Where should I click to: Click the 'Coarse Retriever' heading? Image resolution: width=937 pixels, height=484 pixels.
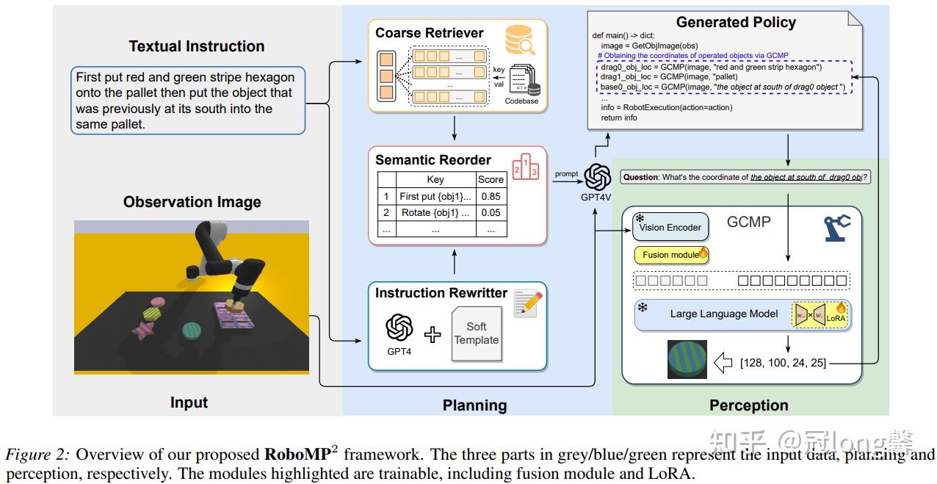(x=429, y=33)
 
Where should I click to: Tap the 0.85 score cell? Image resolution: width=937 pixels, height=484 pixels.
(x=491, y=196)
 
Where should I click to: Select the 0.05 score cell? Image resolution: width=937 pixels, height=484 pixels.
(x=491, y=213)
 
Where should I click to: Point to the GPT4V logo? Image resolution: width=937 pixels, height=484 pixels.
(x=598, y=176)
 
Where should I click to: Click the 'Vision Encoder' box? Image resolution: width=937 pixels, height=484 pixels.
(x=670, y=228)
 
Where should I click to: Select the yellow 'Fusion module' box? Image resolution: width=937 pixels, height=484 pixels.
(x=670, y=255)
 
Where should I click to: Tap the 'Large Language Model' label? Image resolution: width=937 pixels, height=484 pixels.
(x=723, y=314)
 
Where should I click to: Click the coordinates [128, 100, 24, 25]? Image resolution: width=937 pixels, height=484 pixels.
(x=783, y=362)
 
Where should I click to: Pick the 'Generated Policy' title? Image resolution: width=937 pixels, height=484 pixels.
(x=736, y=22)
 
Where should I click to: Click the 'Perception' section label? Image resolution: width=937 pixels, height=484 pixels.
(x=748, y=405)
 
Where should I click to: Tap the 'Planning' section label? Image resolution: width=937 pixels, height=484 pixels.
(x=474, y=405)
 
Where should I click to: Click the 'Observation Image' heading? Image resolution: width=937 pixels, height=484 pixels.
(x=192, y=202)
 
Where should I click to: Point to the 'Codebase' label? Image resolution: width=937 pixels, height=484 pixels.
(x=521, y=101)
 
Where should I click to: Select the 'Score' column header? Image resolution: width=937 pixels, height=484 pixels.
(x=491, y=179)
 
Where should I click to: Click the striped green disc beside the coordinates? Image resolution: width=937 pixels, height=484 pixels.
(x=687, y=359)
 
